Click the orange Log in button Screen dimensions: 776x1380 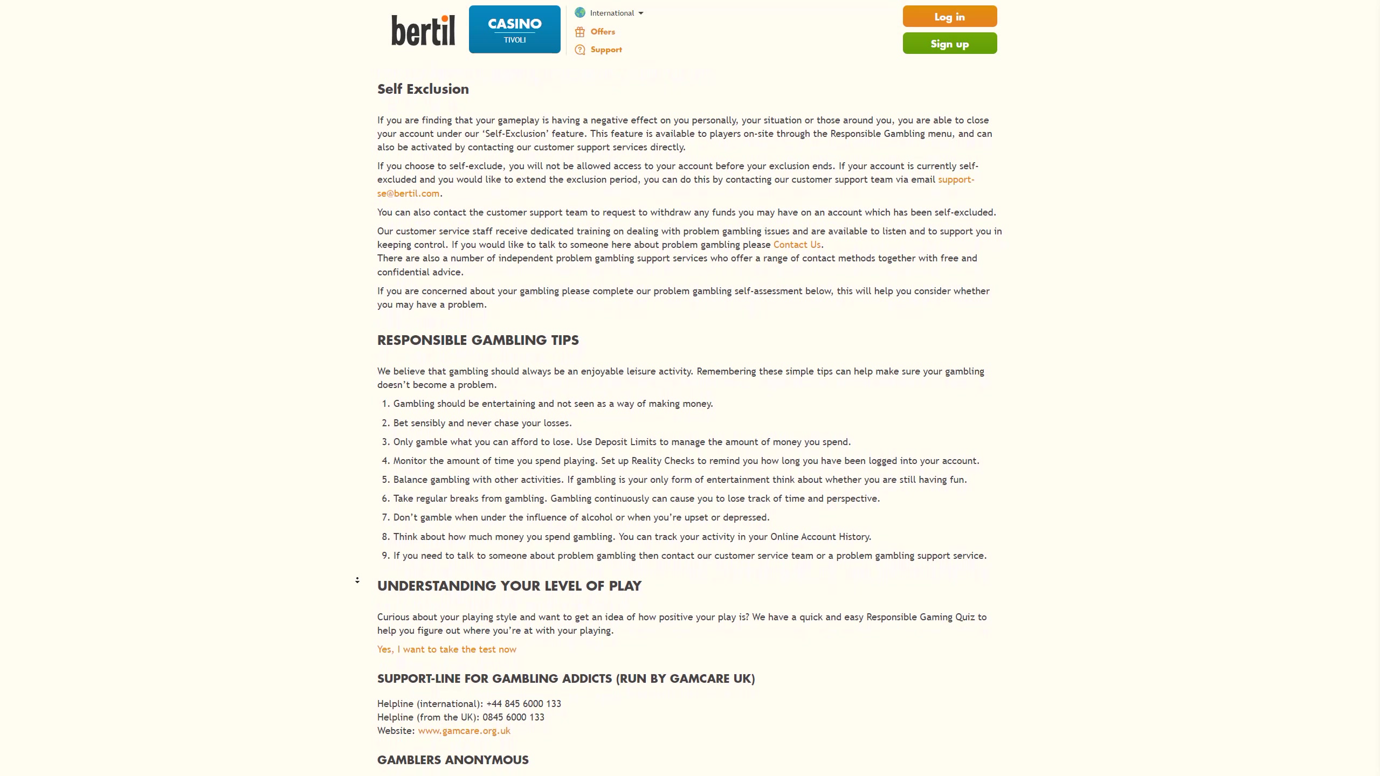(949, 17)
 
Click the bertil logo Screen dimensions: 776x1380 (423, 30)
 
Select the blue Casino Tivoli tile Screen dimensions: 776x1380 (514, 30)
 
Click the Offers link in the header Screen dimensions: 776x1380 (603, 32)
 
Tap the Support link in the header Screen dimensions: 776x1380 (606, 50)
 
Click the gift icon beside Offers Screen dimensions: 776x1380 (580, 32)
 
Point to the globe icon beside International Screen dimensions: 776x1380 (580, 13)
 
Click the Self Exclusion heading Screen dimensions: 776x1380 (423, 89)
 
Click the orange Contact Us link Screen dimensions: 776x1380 (797, 245)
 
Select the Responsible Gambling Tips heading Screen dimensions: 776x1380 (478, 341)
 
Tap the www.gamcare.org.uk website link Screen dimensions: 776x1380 (464, 731)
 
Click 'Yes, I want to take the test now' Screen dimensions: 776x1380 (446, 649)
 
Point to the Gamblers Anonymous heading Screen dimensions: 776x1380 (453, 760)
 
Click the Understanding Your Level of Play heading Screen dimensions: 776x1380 (509, 586)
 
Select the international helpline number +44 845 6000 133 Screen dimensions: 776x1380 (523, 704)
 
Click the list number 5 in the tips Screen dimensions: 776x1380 (385, 480)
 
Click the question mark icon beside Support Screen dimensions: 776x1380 (580, 50)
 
